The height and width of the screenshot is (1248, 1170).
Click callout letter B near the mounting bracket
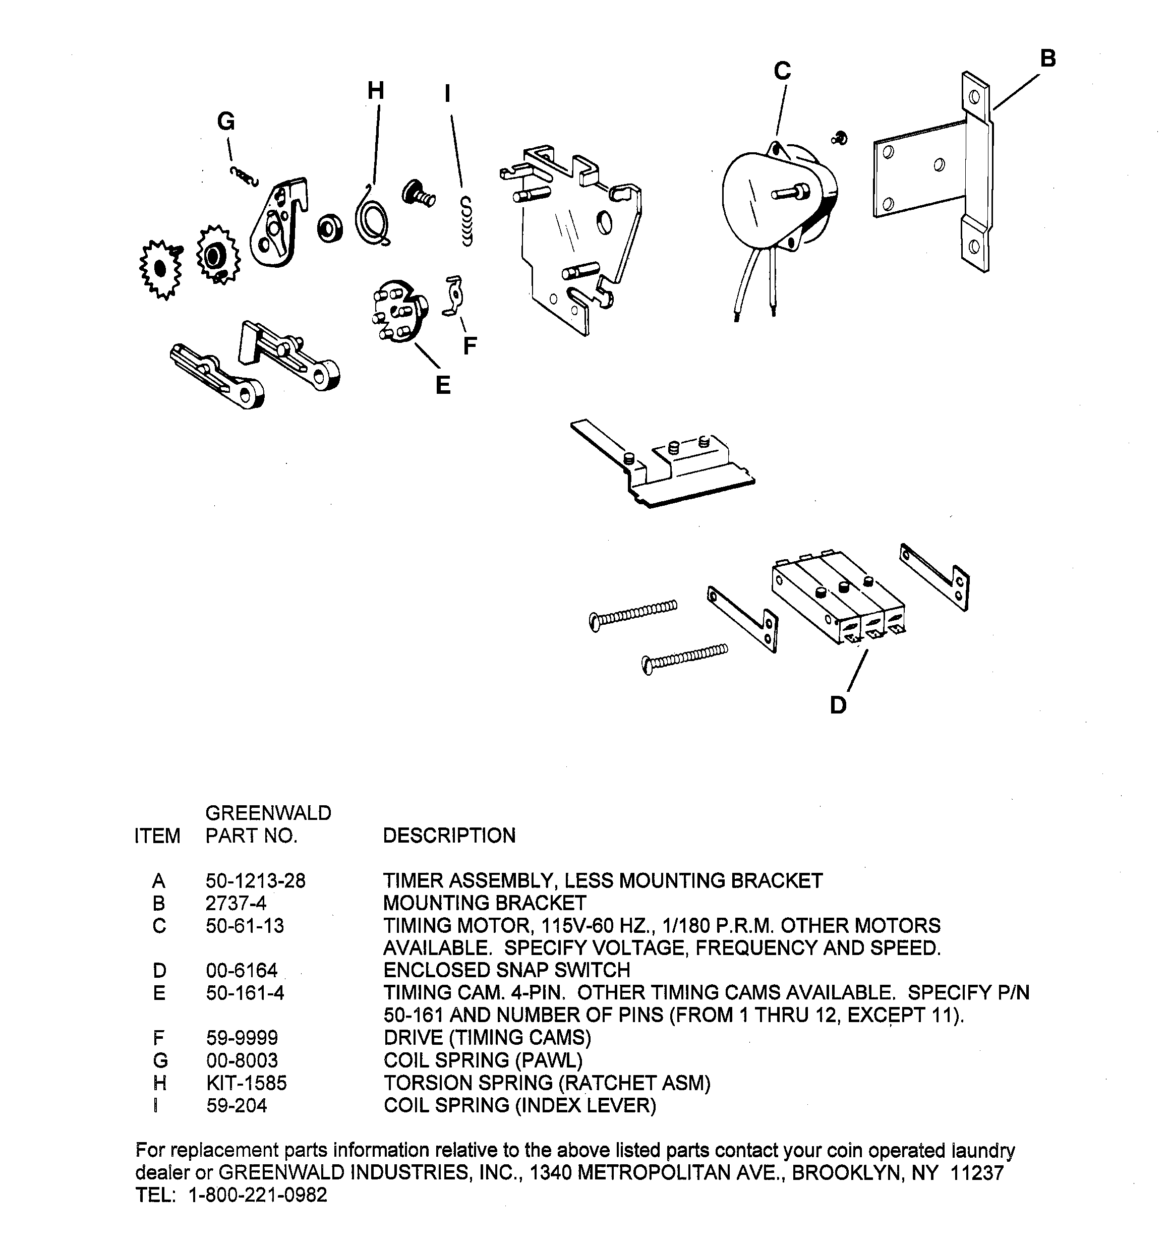click(x=1047, y=58)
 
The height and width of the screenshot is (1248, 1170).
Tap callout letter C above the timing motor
click(x=782, y=71)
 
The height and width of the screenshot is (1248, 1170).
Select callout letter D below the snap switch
click(x=838, y=705)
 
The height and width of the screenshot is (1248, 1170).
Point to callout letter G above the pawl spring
click(x=225, y=121)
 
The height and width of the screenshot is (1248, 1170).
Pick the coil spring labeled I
click(x=466, y=221)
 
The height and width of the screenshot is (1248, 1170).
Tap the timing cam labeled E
click(x=397, y=312)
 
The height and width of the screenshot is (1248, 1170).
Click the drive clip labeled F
click(x=453, y=295)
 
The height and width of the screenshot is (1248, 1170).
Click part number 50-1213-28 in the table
click(x=255, y=881)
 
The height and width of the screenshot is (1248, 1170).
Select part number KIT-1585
click(x=246, y=1083)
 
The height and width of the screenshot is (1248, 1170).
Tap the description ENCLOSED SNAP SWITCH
click(x=506, y=970)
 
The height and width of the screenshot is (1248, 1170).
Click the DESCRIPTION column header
click(x=449, y=836)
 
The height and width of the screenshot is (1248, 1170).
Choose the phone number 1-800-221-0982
click(x=258, y=1195)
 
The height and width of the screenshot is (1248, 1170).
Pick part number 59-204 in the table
click(x=236, y=1105)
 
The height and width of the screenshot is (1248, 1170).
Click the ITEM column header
click(x=157, y=836)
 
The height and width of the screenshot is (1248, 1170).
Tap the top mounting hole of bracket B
click(x=974, y=97)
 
